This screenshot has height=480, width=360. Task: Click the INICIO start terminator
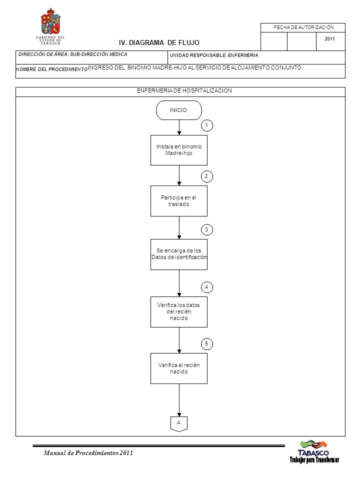pyautogui.click(x=179, y=110)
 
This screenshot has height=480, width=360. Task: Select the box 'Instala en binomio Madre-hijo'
pyautogui.click(x=179, y=150)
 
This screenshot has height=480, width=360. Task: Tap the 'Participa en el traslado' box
pyautogui.click(x=179, y=201)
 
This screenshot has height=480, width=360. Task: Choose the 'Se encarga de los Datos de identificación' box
pyautogui.click(x=179, y=254)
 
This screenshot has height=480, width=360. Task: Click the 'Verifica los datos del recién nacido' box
pyautogui.click(x=179, y=311)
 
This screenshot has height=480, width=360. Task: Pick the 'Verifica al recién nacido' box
pyautogui.click(x=179, y=368)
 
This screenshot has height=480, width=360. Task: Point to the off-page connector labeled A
pyautogui.click(x=179, y=424)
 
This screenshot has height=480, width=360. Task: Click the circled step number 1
pyautogui.click(x=206, y=125)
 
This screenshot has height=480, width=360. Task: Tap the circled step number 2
pyautogui.click(x=206, y=176)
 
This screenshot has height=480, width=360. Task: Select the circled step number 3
pyautogui.click(x=206, y=229)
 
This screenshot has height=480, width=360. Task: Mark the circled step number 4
pyautogui.click(x=206, y=287)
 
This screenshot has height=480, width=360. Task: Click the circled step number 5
pyautogui.click(x=206, y=344)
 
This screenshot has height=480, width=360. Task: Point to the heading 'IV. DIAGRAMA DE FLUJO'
pyautogui.click(x=159, y=42)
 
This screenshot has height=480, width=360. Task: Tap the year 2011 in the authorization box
pyautogui.click(x=329, y=39)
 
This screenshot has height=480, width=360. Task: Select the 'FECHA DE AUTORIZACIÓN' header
pyautogui.click(x=303, y=27)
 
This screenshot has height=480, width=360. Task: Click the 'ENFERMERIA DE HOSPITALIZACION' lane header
pyautogui.click(x=184, y=90)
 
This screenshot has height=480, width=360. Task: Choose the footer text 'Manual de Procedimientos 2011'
pyautogui.click(x=88, y=453)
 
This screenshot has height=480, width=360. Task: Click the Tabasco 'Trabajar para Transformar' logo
pyautogui.click(x=314, y=451)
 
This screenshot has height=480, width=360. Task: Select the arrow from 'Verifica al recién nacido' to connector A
pyautogui.click(x=179, y=400)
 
